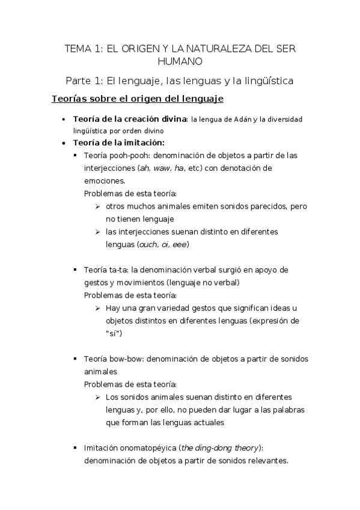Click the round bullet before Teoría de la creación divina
pyautogui.click(x=64, y=120)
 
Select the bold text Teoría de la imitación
pyautogui.click(x=118, y=143)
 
